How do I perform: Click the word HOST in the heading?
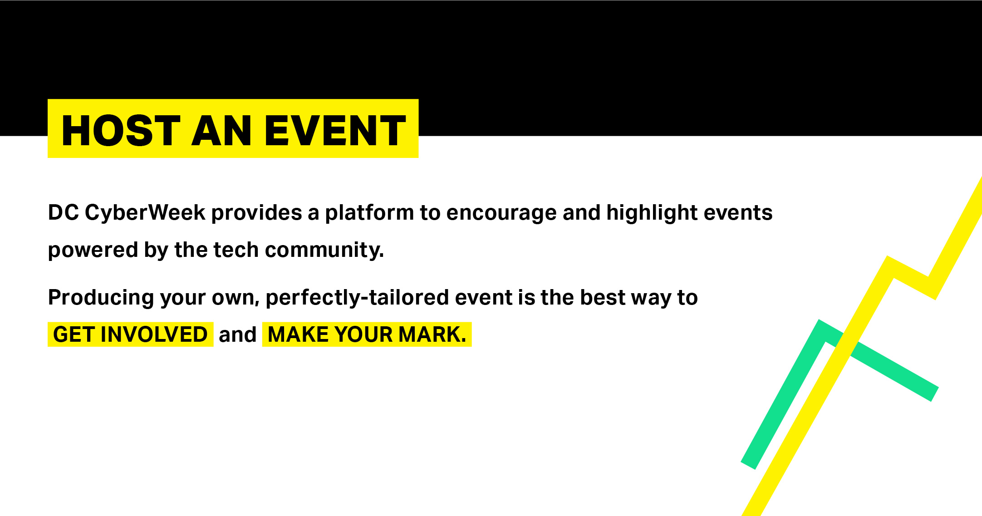point(121,131)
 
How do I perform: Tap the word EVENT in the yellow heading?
point(335,131)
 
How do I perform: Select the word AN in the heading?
point(221,131)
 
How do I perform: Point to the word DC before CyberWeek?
point(64,213)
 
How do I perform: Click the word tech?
point(236,250)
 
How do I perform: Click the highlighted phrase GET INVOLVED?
point(131,334)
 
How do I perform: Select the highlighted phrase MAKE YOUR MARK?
point(367,334)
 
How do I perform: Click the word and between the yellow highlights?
point(238,335)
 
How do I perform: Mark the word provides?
point(257,213)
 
